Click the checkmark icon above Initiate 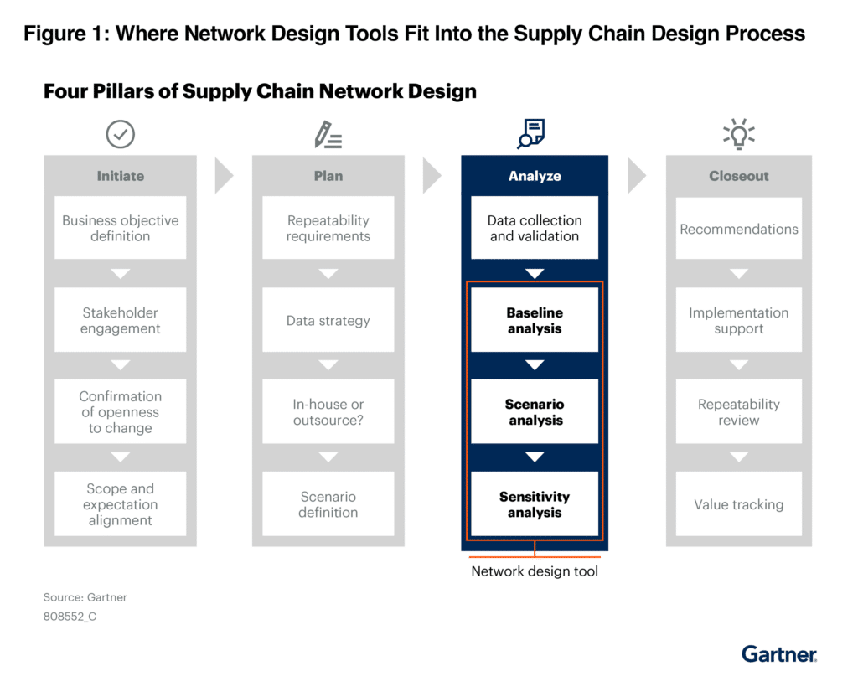click(121, 134)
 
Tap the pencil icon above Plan click(328, 135)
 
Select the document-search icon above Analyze click(531, 133)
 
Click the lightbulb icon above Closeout click(739, 134)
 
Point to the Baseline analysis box click(535, 320)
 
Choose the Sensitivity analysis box click(535, 503)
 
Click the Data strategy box click(328, 320)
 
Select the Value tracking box click(739, 503)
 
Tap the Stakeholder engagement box click(121, 320)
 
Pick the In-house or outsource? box click(328, 411)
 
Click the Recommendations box click(739, 228)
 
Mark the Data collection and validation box click(535, 228)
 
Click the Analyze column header click(535, 176)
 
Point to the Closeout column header click(739, 176)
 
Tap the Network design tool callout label click(535, 571)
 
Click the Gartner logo click(779, 654)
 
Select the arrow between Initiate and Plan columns click(224, 176)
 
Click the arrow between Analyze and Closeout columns click(637, 176)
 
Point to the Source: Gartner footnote click(85, 597)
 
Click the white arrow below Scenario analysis click(535, 457)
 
